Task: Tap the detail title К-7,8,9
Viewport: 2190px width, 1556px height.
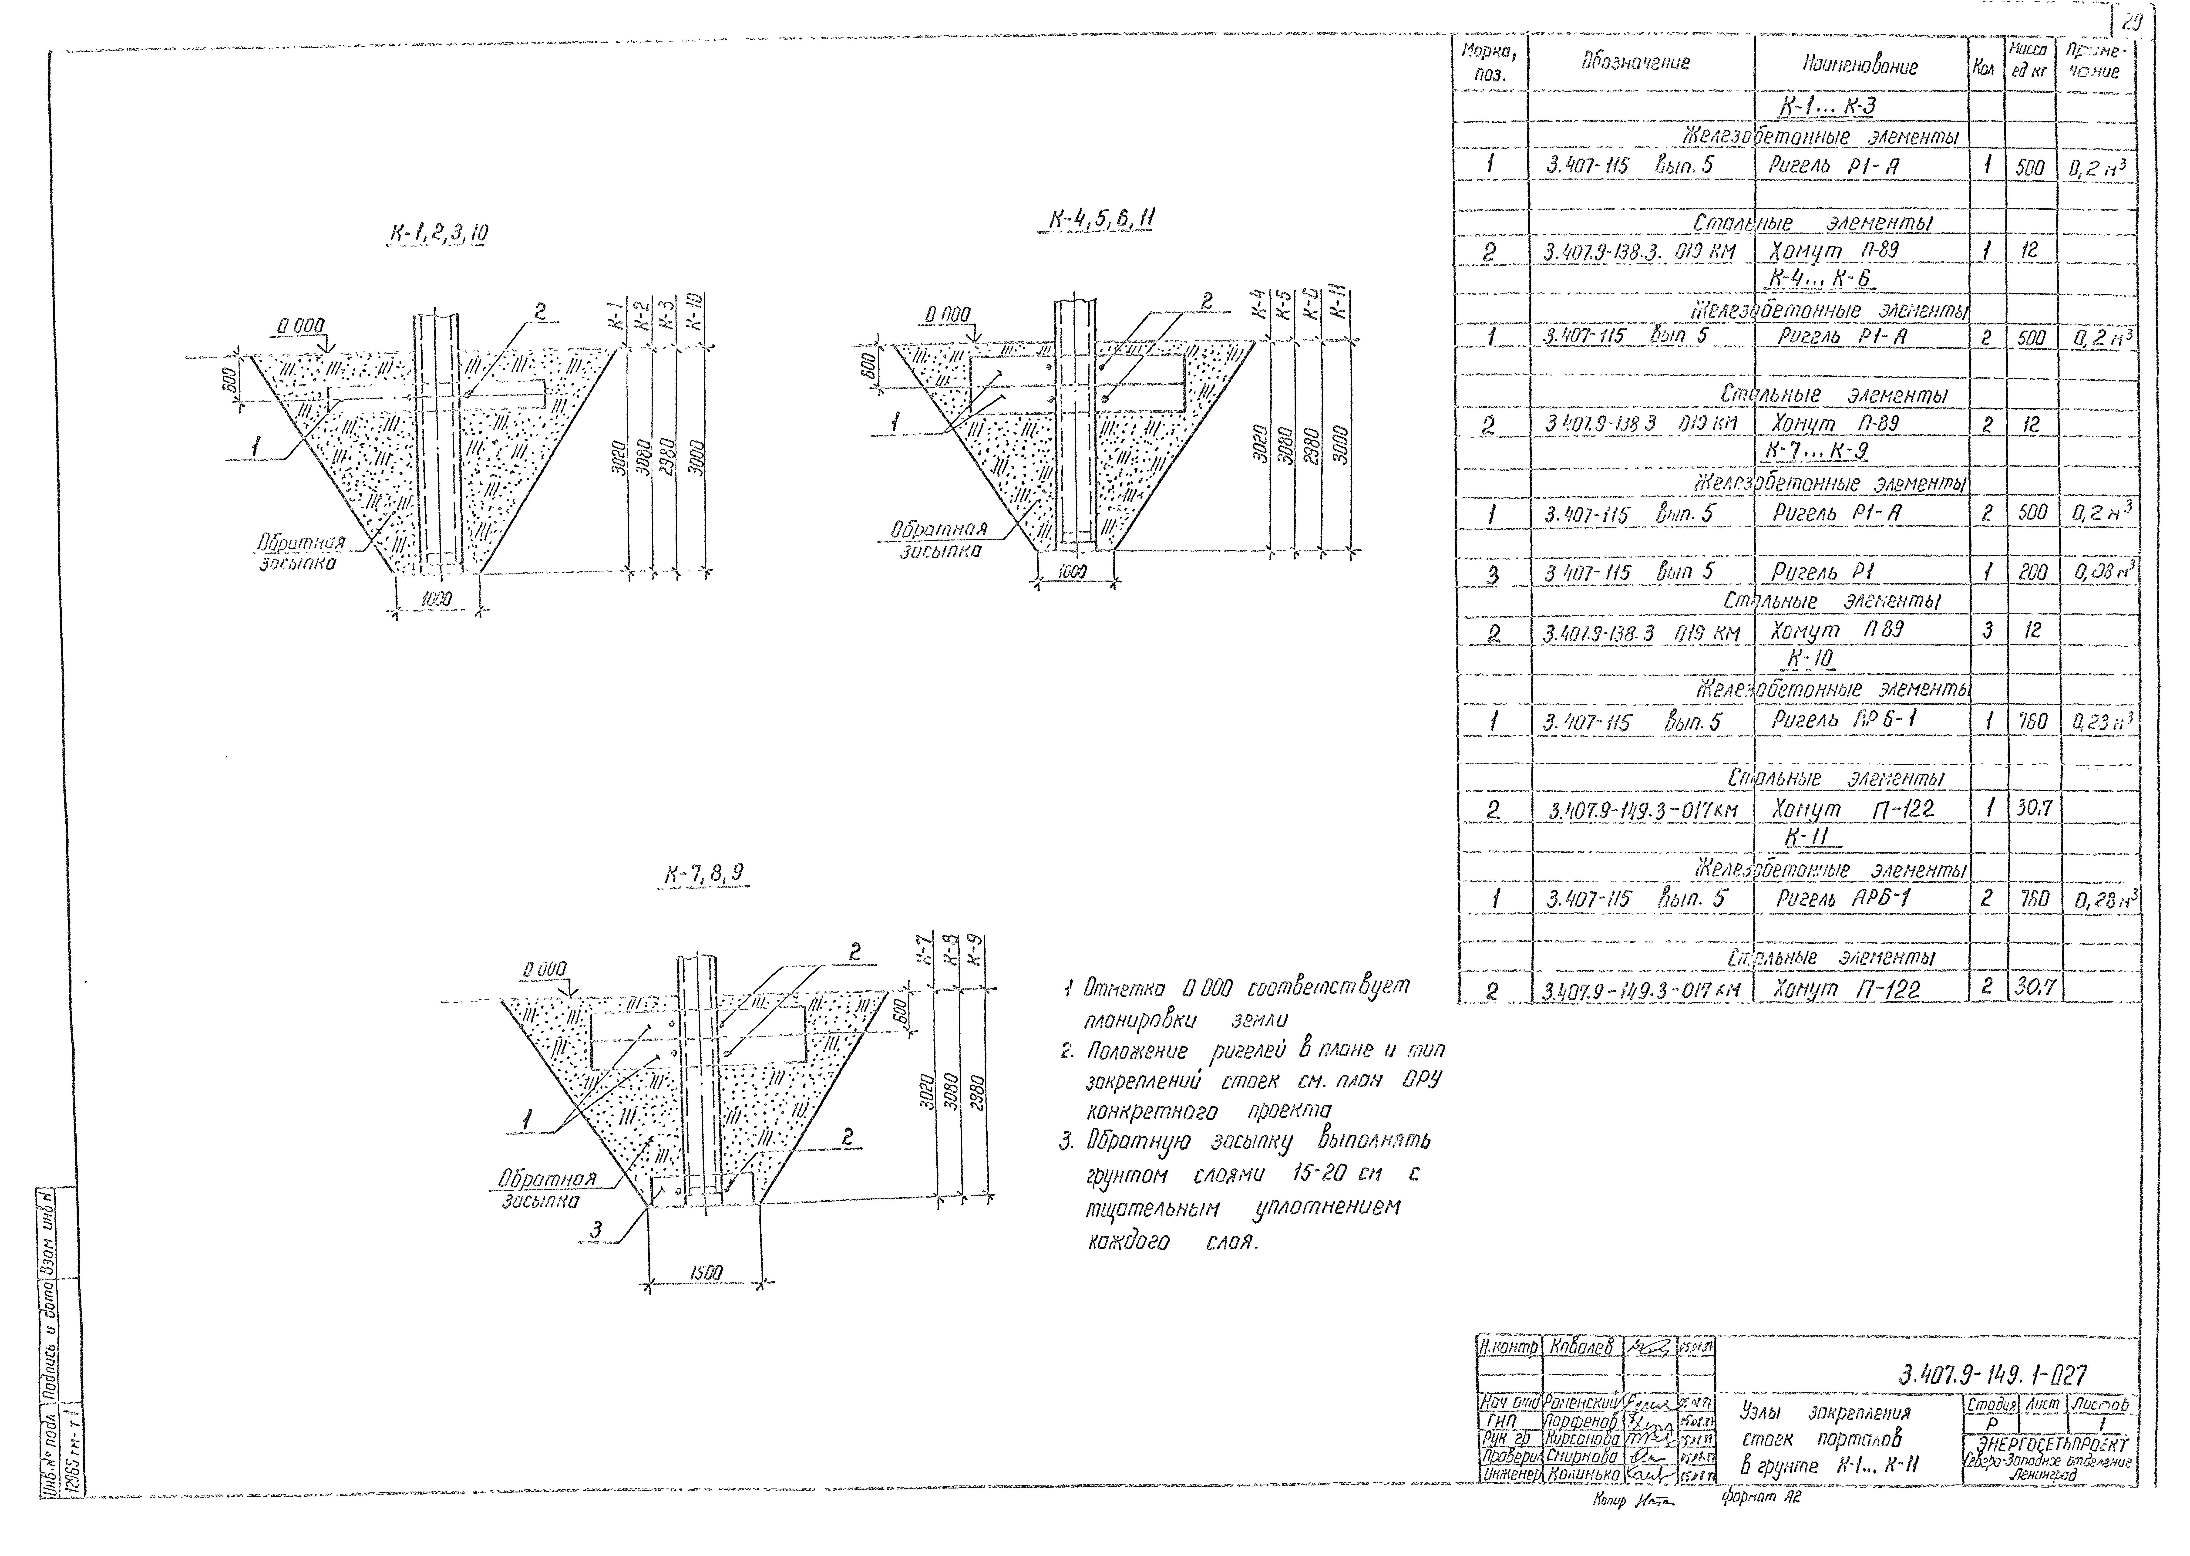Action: (704, 874)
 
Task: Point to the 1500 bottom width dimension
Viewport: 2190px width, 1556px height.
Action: (707, 1272)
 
